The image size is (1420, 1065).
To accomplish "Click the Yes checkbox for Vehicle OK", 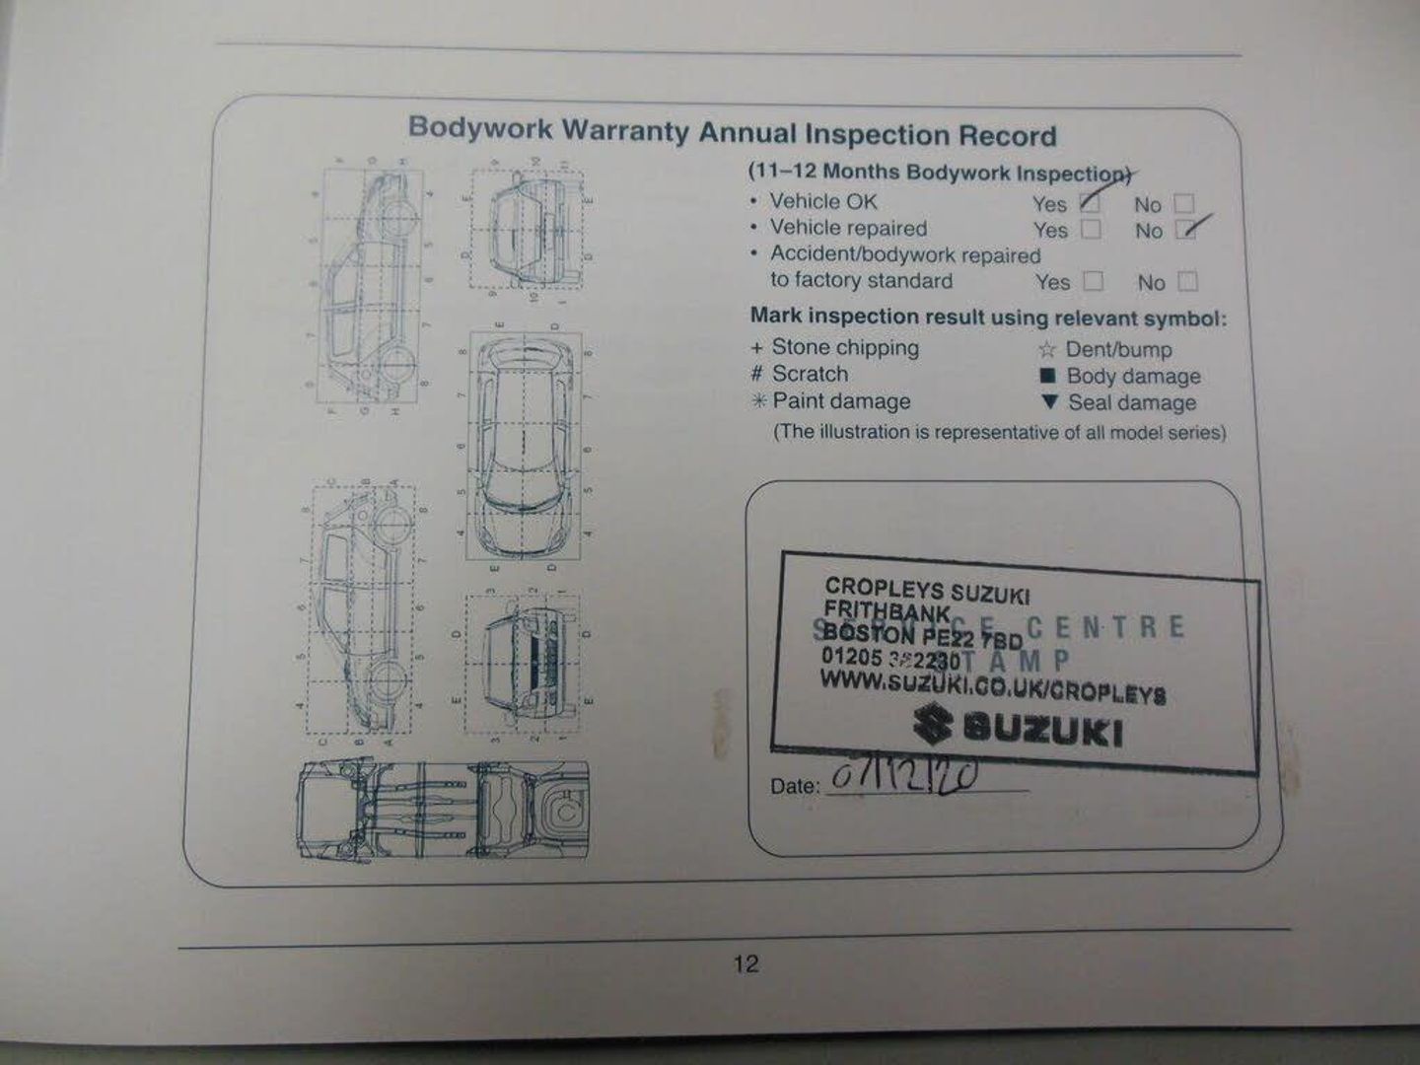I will (1091, 203).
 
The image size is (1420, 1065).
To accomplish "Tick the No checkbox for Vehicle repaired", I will (1187, 230).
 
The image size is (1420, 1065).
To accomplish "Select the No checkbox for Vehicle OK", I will (1184, 204).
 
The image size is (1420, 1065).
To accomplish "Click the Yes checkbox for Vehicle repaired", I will (1091, 229).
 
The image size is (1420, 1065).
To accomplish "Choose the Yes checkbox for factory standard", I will (1094, 281).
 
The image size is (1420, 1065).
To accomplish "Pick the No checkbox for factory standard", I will (1188, 282).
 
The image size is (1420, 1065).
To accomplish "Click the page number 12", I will (745, 963).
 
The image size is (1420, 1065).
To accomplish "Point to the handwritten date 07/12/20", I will (902, 776).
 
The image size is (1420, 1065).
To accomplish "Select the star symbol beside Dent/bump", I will (1046, 349).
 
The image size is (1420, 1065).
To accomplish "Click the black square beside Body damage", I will (1047, 376).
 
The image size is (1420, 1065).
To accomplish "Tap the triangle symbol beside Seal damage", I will (1049, 401).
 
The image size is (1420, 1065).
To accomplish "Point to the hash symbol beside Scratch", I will (756, 375).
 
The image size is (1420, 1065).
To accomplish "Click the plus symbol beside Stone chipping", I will (756, 348).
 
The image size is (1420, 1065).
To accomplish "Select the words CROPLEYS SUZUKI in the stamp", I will (926, 590).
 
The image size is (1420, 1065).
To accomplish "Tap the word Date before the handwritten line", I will (793, 786).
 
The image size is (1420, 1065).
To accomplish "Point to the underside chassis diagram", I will (444, 810).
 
